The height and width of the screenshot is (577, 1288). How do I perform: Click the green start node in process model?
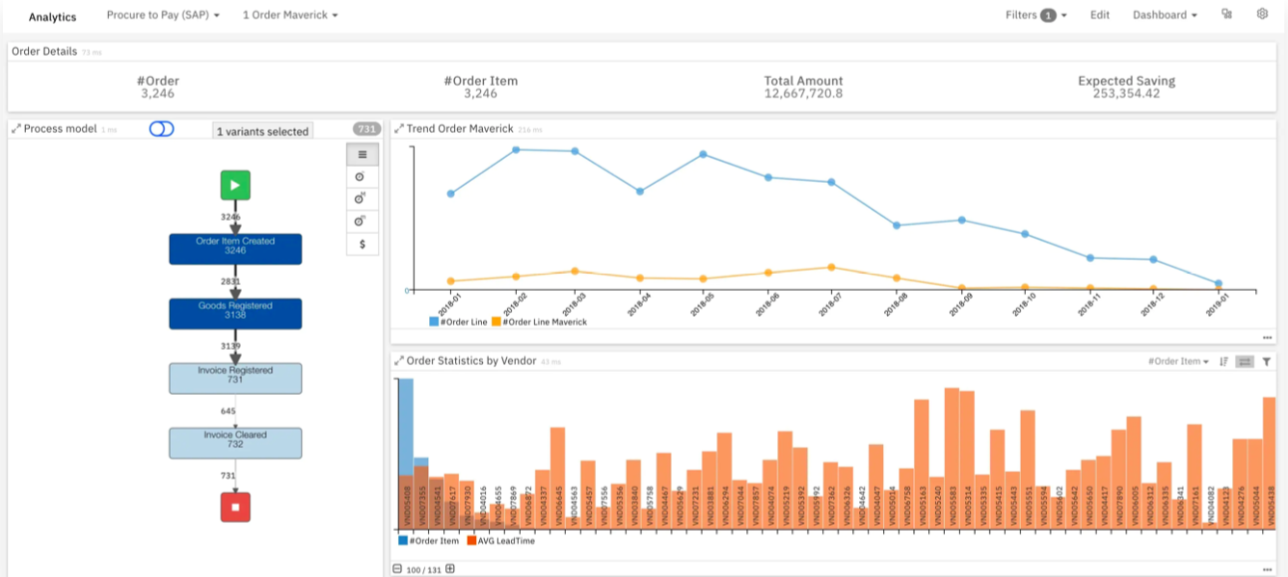(235, 185)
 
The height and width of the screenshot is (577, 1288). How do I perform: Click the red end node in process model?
(235, 507)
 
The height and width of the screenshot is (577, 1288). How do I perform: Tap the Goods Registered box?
(235, 313)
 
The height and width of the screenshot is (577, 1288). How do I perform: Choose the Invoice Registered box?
(235, 378)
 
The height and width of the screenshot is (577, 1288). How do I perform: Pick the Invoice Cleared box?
(235, 442)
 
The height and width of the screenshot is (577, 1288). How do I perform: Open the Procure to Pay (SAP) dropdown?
(163, 15)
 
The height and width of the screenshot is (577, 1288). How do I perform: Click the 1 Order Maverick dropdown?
(290, 15)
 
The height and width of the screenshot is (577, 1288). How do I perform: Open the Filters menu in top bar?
(1035, 15)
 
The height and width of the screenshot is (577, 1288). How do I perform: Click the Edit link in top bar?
(1100, 15)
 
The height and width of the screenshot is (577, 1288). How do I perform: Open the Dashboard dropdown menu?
(1165, 15)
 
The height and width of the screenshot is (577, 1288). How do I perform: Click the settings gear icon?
(1262, 14)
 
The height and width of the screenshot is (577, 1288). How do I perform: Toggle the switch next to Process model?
(162, 129)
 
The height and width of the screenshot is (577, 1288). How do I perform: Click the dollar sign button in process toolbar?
(362, 245)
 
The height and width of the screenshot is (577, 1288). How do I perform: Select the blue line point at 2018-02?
(517, 149)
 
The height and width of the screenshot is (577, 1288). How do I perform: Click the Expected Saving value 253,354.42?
(1126, 93)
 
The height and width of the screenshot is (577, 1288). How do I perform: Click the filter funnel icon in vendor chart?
(1267, 362)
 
